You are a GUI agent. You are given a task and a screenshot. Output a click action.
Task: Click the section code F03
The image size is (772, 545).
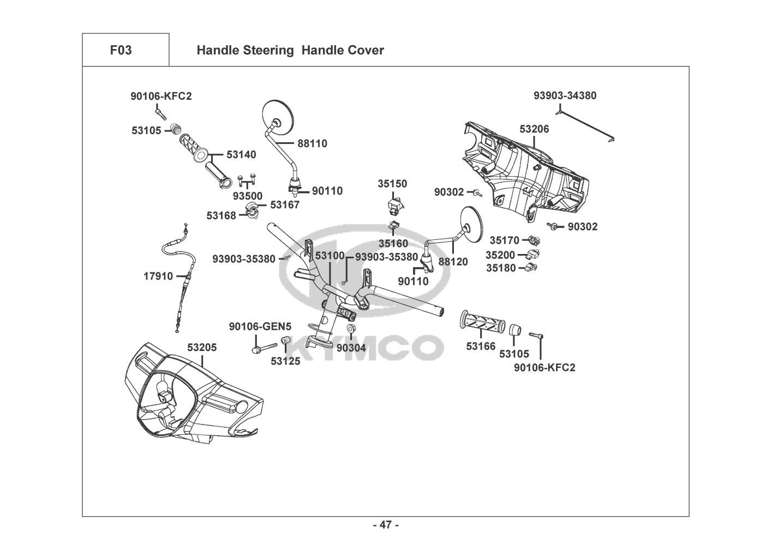tap(121, 50)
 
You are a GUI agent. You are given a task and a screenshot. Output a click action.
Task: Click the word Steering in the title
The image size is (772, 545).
tap(268, 50)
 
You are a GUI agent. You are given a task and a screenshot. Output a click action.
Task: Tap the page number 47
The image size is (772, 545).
tap(386, 525)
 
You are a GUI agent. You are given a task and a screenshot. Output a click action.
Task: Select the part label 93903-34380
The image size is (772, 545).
tap(565, 96)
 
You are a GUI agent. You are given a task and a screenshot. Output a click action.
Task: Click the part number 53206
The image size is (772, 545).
tap(534, 129)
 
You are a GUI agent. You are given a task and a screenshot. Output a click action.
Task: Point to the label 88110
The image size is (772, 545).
tap(312, 143)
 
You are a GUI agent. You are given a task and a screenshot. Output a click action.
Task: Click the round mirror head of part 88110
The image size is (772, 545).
tap(278, 117)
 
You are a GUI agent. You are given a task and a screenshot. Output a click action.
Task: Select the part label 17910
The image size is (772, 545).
tap(158, 276)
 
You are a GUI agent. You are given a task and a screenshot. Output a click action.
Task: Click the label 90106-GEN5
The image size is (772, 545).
tap(260, 326)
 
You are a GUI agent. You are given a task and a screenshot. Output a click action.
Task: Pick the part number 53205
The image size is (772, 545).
tap(202, 347)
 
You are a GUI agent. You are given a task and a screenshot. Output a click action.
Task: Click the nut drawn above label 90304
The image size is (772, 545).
tap(351, 328)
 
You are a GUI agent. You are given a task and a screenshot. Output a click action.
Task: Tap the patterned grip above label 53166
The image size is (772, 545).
tap(482, 321)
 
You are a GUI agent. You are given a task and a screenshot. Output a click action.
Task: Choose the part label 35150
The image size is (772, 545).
tap(392, 184)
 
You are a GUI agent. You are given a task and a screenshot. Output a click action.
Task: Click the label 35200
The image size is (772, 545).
tap(500, 255)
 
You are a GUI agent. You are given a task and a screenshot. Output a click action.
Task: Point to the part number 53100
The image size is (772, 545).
tap(330, 256)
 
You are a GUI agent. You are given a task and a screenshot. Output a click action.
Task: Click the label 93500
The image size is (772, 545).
tap(248, 196)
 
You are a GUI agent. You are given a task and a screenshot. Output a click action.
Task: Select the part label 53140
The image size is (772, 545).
tap(241, 155)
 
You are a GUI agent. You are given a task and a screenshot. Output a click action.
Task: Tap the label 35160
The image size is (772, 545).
tap(393, 244)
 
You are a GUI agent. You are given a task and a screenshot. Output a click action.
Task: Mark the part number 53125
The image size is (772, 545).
tap(285, 361)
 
